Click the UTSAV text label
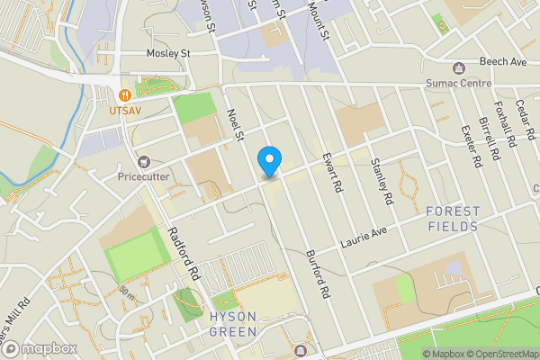pyautogui.click(x=127, y=111)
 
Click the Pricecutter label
pyautogui.click(x=143, y=176)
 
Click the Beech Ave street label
pyautogui.click(x=502, y=62)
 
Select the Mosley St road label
pyautogui.click(x=169, y=54)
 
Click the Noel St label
pyautogui.click(x=237, y=126)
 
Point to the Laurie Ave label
pyautogui.click(x=363, y=238)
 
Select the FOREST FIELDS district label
pyautogui.click(x=453, y=219)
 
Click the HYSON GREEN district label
pyautogui.click(x=233, y=324)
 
